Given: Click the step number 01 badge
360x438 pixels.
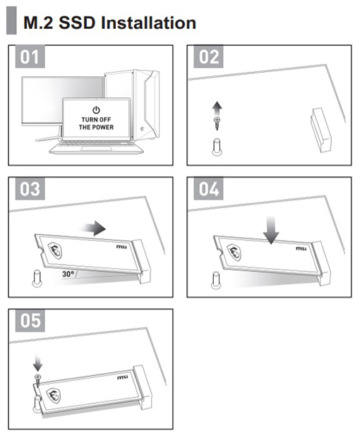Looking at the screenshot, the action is pyautogui.click(x=30, y=56).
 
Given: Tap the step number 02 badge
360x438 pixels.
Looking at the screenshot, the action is pyautogui.click(x=208, y=56).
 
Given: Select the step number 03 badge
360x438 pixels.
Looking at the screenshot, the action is pyautogui.click(x=30, y=188).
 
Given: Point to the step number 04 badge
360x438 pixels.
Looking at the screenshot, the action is pyautogui.click(x=208, y=188).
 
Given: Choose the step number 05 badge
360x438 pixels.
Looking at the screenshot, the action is pyautogui.click(x=30, y=320).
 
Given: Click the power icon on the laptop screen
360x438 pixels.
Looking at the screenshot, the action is pyautogui.click(x=96, y=110).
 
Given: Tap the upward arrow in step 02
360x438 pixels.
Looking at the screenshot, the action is pyautogui.click(x=217, y=109).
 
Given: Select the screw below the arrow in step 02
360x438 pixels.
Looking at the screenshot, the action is pyautogui.click(x=217, y=123).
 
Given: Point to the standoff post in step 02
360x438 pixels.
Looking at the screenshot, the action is pyautogui.click(x=217, y=147).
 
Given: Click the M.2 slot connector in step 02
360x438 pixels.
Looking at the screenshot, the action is pyautogui.click(x=321, y=130).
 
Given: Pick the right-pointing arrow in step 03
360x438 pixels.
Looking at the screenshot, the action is pyautogui.click(x=92, y=229).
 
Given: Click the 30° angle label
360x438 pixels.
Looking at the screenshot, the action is pyautogui.click(x=68, y=274).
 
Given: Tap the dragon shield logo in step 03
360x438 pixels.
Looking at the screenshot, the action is pyautogui.click(x=55, y=250).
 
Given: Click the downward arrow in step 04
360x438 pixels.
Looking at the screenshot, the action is pyautogui.click(x=271, y=230).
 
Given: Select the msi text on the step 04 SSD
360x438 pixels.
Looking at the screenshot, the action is pyautogui.click(x=301, y=248).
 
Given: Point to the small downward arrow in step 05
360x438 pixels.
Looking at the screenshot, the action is pyautogui.click(x=37, y=363).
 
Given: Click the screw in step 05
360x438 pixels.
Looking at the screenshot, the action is pyautogui.click(x=37, y=381).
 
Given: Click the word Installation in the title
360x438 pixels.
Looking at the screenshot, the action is pyautogui.click(x=148, y=23).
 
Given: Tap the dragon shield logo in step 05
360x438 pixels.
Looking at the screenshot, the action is pyautogui.click(x=54, y=396).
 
